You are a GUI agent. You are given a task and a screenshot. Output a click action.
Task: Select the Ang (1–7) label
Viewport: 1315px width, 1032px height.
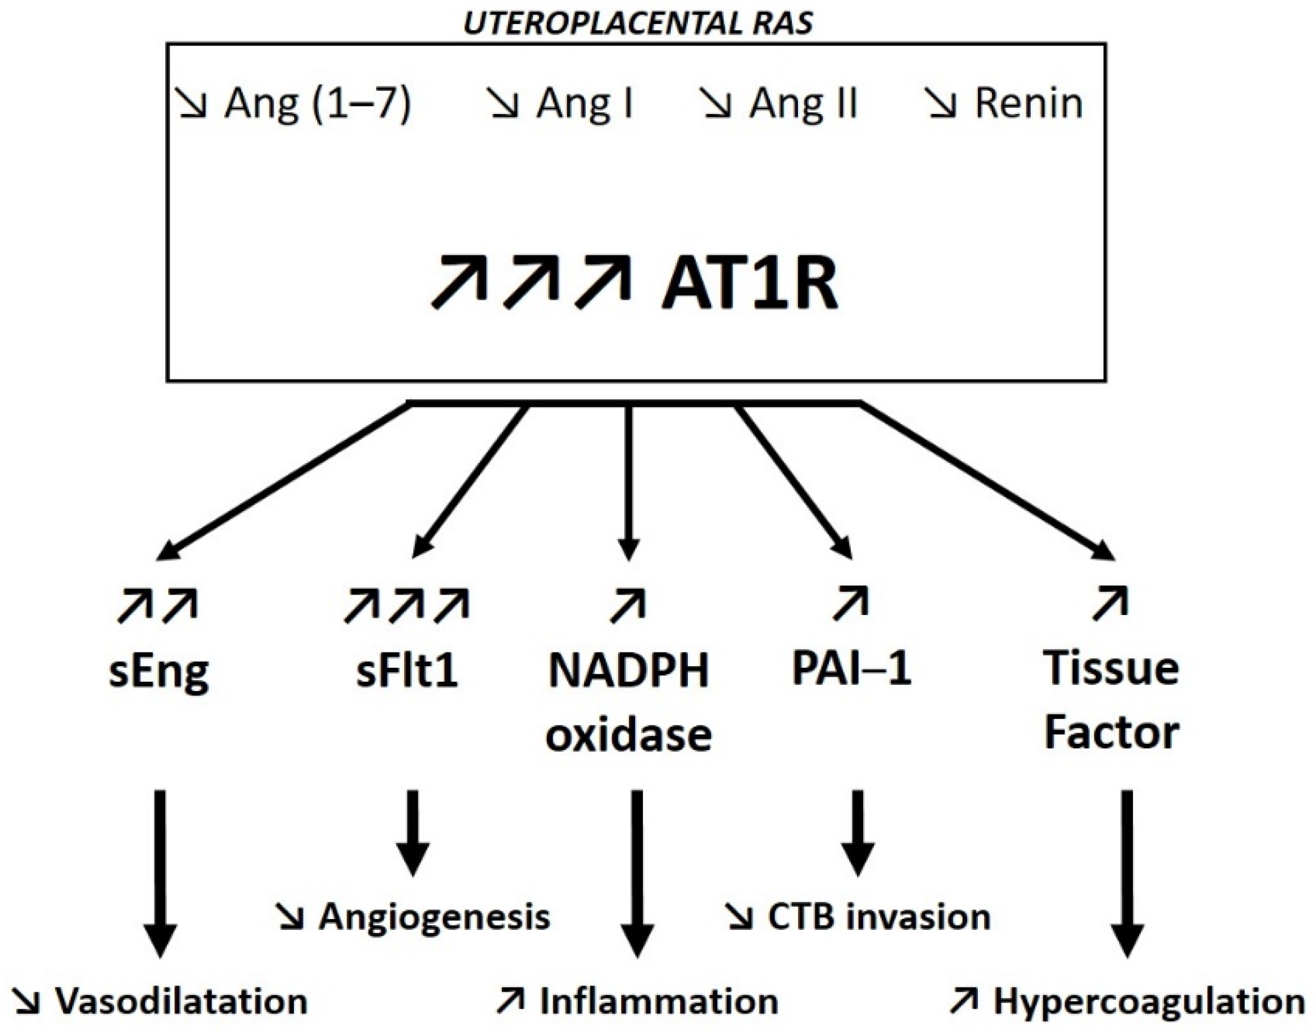[317, 104]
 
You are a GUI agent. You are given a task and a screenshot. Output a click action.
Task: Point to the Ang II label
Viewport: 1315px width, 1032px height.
[803, 104]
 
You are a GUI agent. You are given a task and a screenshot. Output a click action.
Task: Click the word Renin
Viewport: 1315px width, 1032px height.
[1028, 104]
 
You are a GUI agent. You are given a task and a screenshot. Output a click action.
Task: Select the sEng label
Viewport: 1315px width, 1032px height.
[159, 672]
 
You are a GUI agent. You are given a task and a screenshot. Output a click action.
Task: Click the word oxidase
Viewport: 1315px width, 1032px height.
[628, 735]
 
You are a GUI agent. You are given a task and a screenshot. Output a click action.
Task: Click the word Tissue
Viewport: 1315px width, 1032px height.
[1111, 669]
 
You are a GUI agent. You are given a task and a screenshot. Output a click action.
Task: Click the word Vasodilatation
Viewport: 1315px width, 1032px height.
[181, 1002]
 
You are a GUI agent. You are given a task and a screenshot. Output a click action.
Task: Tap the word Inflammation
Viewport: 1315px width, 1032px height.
[659, 1002]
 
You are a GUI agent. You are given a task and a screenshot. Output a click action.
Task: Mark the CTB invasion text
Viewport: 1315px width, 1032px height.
[879, 917]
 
